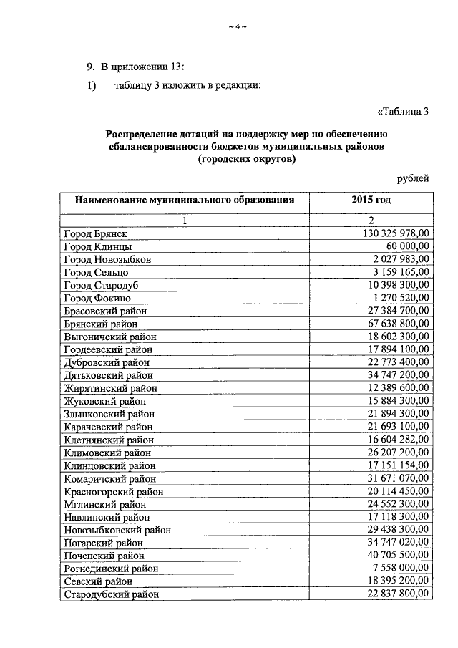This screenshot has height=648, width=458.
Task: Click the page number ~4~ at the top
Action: click(237, 28)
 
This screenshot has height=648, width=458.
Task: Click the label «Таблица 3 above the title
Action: click(402, 110)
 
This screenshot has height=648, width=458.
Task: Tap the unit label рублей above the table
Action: click(413, 178)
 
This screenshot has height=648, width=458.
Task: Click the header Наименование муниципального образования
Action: click(185, 200)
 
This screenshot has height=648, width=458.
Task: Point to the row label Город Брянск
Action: click(95, 234)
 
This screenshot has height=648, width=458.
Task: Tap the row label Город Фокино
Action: click(97, 297)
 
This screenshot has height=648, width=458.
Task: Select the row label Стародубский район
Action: click(111, 594)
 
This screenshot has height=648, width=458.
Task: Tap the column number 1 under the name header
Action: click(185, 221)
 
